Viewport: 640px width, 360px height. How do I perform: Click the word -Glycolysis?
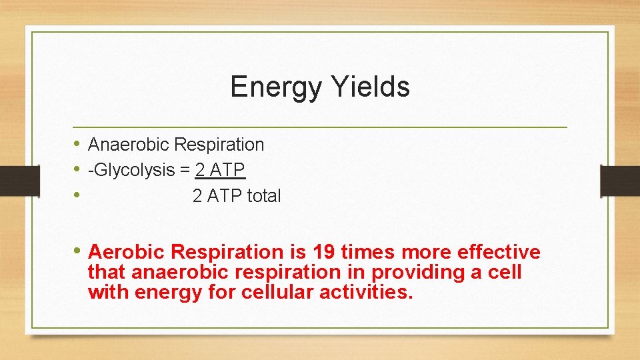point(131,171)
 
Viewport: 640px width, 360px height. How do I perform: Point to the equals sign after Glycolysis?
point(185,171)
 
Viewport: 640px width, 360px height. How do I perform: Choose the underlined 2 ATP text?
point(220,171)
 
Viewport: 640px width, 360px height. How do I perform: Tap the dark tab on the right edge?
point(620,181)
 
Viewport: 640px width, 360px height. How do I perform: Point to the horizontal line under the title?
point(320,127)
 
